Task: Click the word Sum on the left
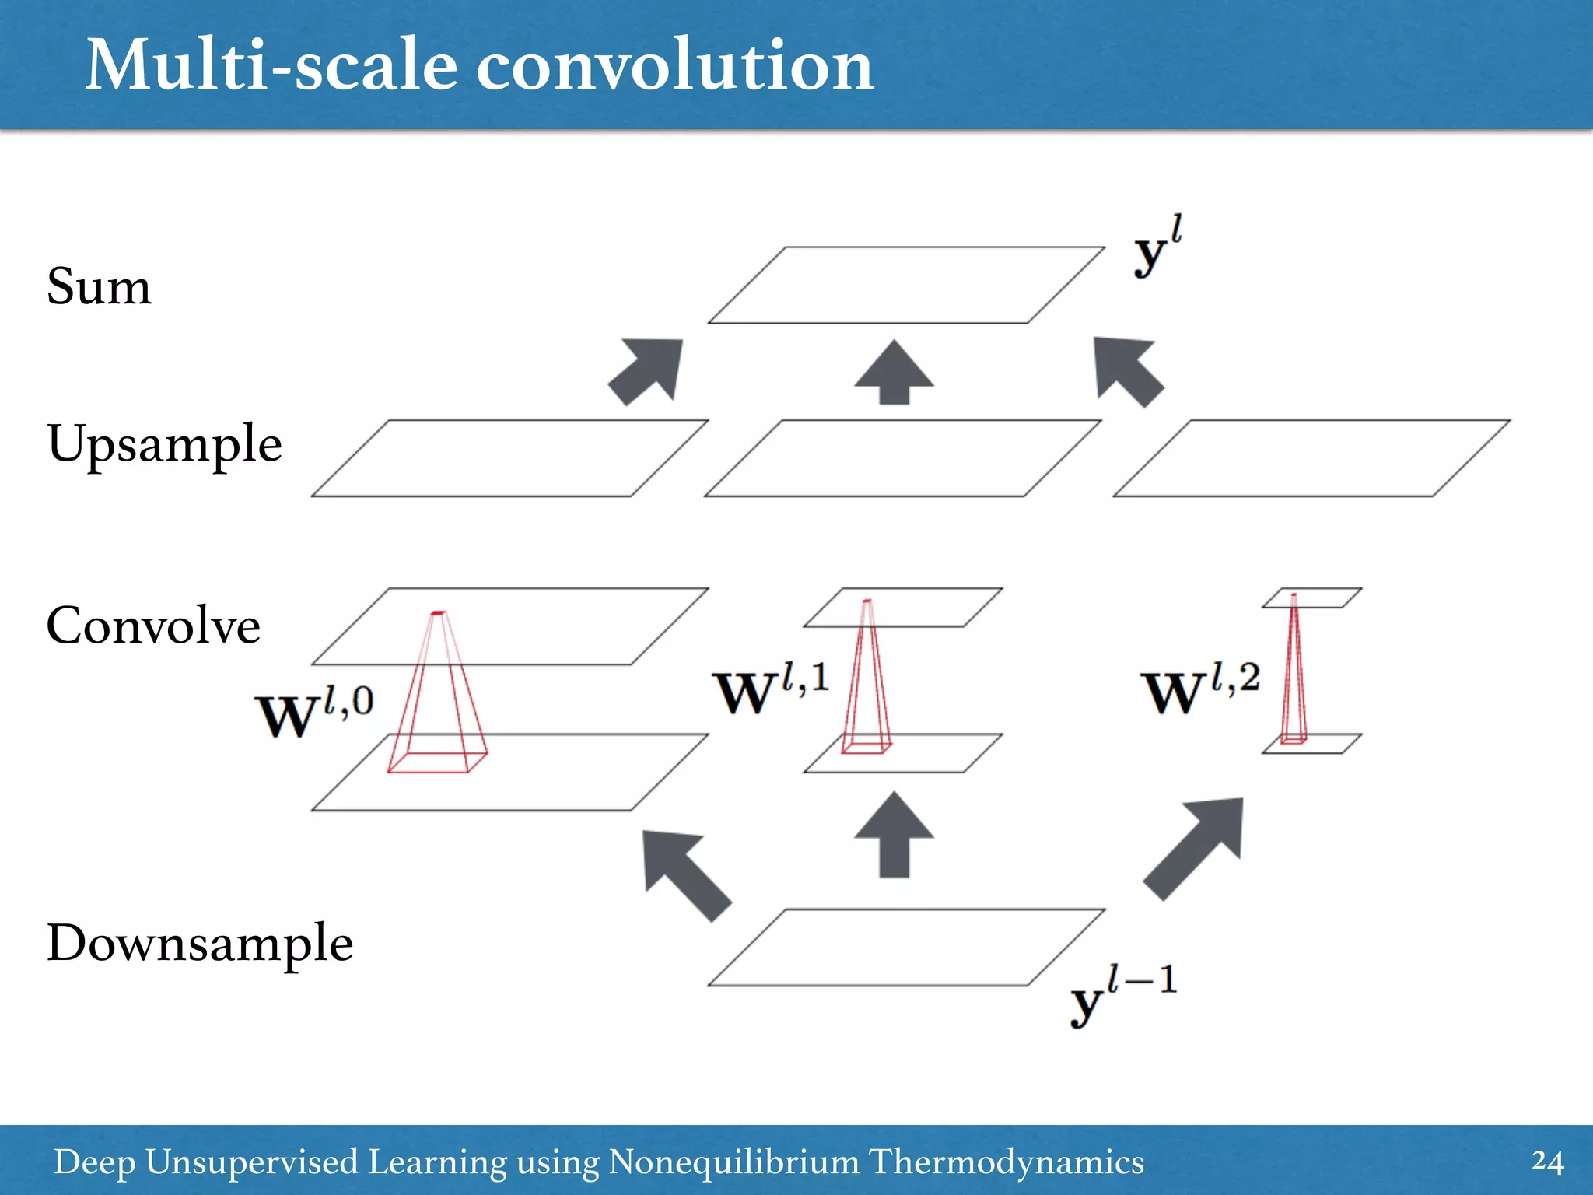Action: [x=99, y=286]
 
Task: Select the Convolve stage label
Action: [x=153, y=625]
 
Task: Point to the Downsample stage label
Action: [x=200, y=943]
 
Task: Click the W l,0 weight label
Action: [x=314, y=712]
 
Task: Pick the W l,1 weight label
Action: [x=771, y=689]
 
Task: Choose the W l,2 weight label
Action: [x=1200, y=689]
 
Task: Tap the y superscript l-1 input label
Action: [x=1123, y=995]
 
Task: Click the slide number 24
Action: [x=1546, y=1162]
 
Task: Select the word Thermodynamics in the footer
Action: [x=1006, y=1162]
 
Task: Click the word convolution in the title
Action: [x=674, y=65]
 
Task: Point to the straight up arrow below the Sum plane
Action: [x=894, y=373]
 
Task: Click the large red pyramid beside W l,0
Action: [x=437, y=700]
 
